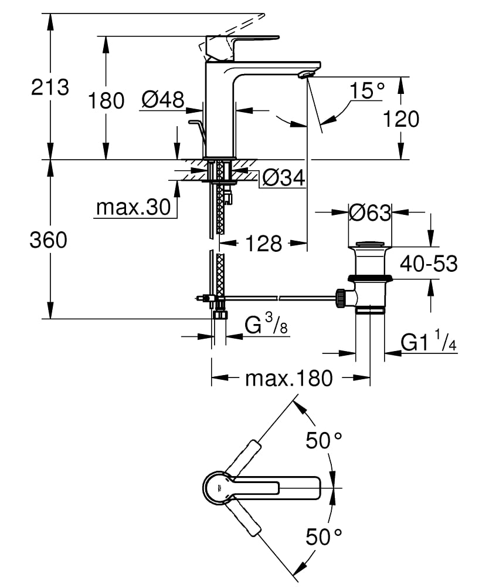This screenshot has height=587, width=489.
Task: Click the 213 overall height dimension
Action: point(50,87)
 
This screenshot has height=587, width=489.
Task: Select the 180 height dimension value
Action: point(106,100)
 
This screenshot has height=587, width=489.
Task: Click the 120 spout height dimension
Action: point(401,119)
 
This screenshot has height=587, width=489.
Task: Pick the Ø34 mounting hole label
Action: point(284,177)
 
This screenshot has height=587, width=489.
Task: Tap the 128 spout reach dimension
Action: point(264,243)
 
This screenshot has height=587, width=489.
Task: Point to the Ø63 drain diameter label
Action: point(369,212)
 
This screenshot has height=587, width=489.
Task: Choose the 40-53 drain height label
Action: point(428,264)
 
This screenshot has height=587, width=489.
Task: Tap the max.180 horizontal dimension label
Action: point(288,378)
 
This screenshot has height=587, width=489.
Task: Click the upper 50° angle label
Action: point(324,440)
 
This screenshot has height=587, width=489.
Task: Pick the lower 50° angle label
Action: point(324,536)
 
